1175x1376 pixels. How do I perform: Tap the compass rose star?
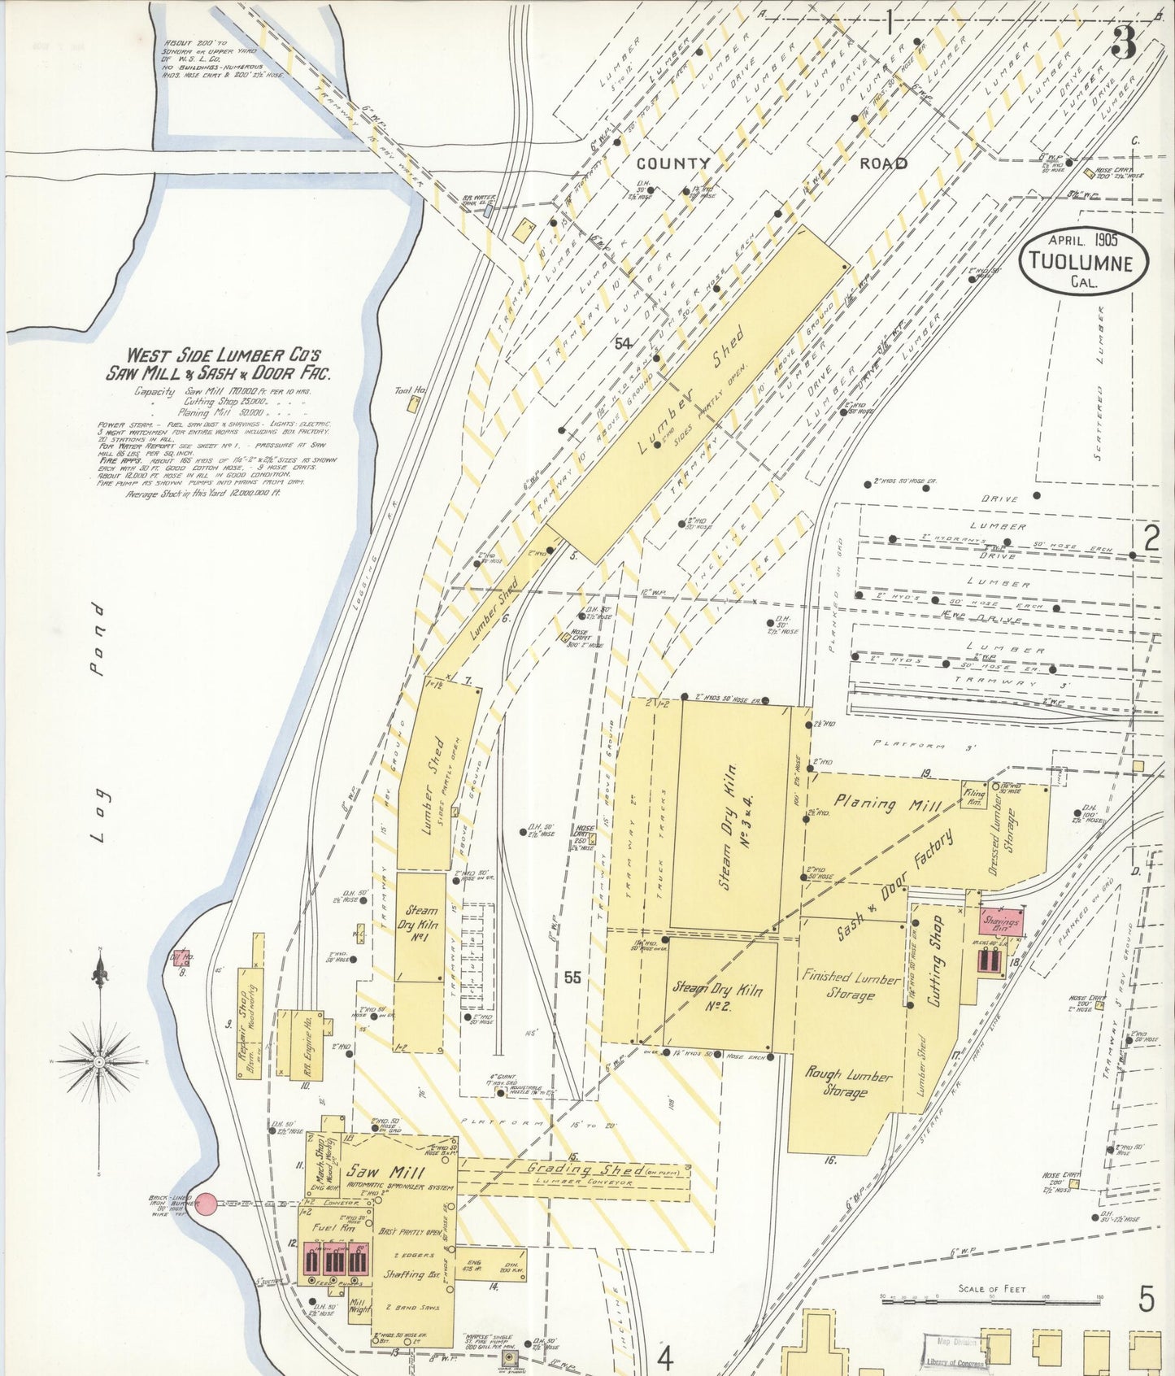pyautogui.click(x=99, y=1062)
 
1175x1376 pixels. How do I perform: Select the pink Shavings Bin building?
pyautogui.click(x=1000, y=922)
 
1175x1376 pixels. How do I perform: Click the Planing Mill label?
pyautogui.click(x=889, y=803)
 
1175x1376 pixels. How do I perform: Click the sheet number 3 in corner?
pyautogui.click(x=1124, y=42)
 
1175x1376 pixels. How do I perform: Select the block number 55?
pyautogui.click(x=572, y=978)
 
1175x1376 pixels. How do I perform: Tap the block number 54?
pyautogui.click(x=623, y=344)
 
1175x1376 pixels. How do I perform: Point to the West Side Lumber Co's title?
pyautogui.click(x=224, y=364)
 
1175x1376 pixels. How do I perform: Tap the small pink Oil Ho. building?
pyautogui.click(x=182, y=957)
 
